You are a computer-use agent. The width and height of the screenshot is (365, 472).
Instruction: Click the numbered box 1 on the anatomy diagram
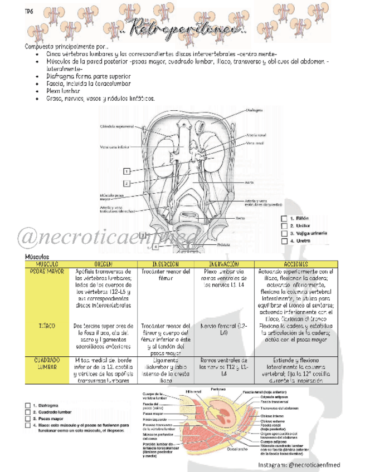(x=127, y=171)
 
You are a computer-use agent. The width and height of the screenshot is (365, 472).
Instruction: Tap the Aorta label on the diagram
(x=250, y=182)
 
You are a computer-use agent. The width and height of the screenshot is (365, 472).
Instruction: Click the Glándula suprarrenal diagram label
(x=116, y=126)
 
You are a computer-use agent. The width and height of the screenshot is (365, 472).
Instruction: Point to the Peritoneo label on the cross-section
(x=218, y=389)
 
